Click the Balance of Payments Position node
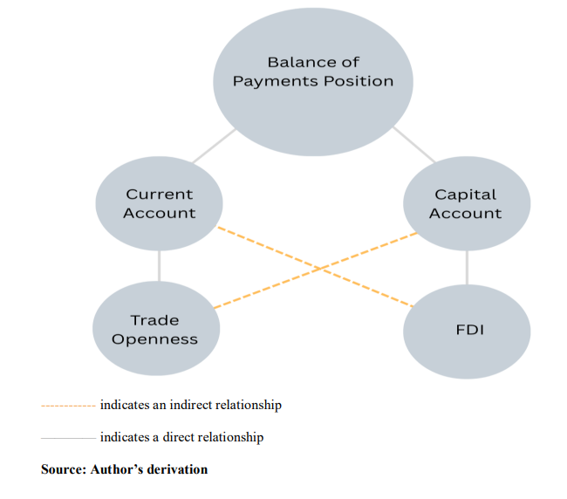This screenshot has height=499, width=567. (312, 72)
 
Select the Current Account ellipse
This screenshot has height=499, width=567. (159, 204)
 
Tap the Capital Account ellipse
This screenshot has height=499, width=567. (466, 204)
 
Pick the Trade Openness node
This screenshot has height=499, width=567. (155, 330)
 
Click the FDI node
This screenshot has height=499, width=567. (466, 330)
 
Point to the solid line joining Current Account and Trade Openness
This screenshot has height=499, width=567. (159, 265)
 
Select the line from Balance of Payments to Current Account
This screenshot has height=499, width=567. (213, 146)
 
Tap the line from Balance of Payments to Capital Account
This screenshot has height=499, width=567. (413, 145)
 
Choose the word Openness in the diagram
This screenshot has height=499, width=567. (155, 339)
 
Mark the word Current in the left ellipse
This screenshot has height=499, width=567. (159, 195)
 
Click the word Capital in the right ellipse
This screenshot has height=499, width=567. (466, 195)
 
